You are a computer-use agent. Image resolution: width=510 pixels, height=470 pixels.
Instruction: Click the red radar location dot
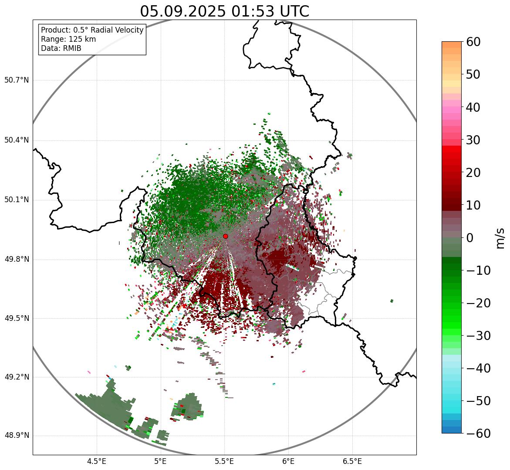pos(225,236)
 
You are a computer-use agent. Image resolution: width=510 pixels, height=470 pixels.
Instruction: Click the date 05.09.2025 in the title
pos(182,11)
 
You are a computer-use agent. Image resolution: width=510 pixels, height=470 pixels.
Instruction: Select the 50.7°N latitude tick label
pos(16,80)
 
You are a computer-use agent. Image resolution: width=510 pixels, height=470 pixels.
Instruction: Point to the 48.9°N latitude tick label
pos(16,436)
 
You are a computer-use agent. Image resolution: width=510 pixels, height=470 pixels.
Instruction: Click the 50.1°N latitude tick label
pos(16,200)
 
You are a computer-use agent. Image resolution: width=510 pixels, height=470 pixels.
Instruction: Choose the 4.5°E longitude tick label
pos(97,461)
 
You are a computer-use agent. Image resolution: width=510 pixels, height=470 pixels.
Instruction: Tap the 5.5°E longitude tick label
pos(224,461)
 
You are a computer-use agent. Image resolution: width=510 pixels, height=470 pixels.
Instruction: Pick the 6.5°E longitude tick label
pos(352,461)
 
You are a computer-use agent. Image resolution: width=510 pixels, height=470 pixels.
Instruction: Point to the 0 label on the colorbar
pos(470,238)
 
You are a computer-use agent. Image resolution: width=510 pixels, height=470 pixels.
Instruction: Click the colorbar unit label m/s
pos(500,237)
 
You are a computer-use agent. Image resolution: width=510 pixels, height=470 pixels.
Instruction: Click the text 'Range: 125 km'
pos(68,39)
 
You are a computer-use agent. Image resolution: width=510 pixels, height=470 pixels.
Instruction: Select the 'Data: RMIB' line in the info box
pos(61,48)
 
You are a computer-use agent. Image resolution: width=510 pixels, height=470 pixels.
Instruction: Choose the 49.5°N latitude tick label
pos(16,318)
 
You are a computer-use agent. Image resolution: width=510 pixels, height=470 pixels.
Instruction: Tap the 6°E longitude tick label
pos(288,461)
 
